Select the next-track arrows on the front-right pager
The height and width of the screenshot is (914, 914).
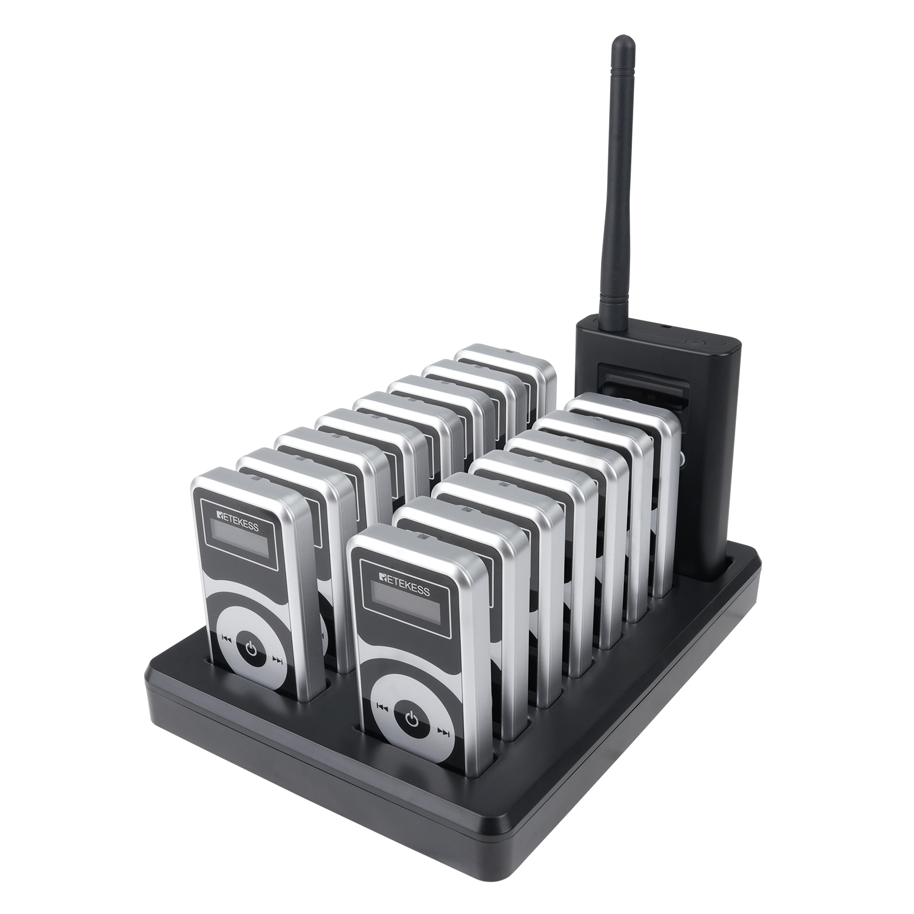(443, 731)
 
